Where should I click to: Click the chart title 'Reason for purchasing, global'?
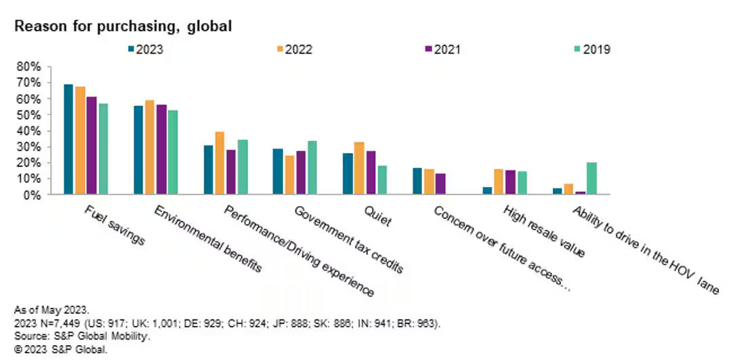[x=123, y=26]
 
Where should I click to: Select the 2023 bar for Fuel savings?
[x=68, y=139]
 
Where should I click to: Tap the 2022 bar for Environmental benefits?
[x=150, y=147]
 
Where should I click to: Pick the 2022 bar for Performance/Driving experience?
[x=220, y=163]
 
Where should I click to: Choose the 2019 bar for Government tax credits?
[x=312, y=167]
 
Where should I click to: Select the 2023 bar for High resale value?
[x=486, y=191]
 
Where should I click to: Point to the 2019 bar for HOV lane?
[x=591, y=178]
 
